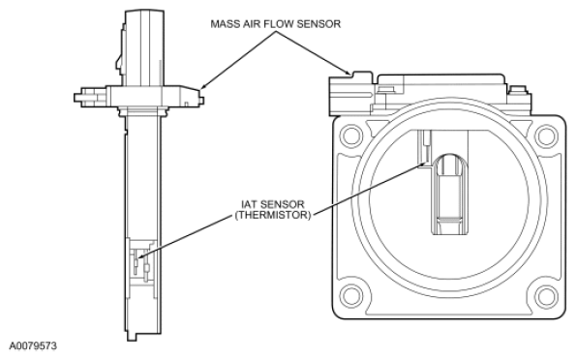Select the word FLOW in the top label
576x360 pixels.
[x=279, y=24]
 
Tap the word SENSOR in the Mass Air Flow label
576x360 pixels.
[x=318, y=24]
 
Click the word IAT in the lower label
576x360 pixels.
[x=250, y=204]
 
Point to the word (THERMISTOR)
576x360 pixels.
[x=273, y=215]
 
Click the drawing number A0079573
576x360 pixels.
[x=33, y=346]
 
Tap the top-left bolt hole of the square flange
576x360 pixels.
[x=351, y=135]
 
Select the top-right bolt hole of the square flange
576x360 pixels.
[x=546, y=136]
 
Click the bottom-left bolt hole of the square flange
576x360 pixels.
[x=351, y=296]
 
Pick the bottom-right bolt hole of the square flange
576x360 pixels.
[x=546, y=296]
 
